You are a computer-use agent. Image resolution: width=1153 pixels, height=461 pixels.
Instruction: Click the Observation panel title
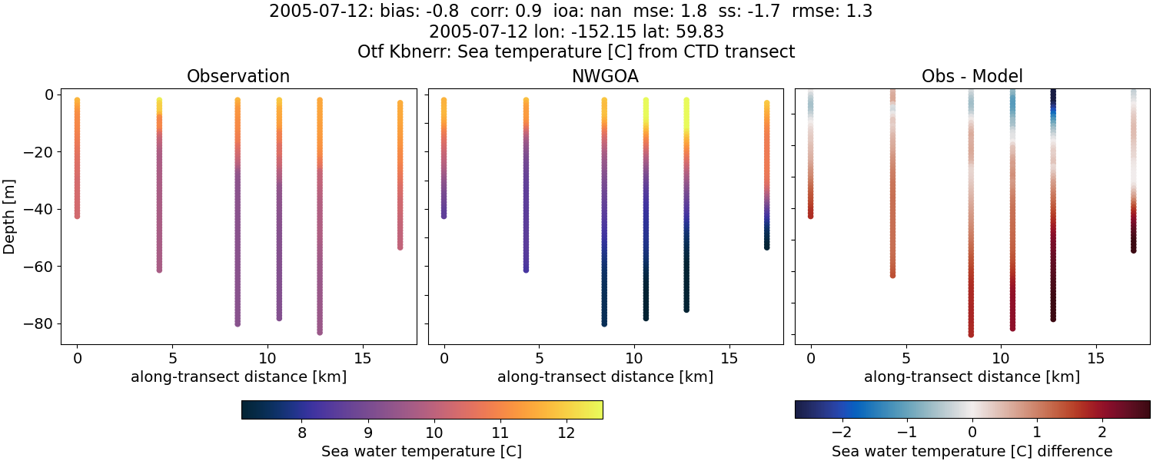point(238,77)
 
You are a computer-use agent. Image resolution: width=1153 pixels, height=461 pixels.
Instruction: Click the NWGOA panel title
point(605,77)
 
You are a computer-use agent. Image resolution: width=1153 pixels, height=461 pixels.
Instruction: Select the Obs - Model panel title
point(972,77)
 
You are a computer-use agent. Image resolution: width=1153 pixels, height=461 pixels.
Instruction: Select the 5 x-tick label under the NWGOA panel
point(540,358)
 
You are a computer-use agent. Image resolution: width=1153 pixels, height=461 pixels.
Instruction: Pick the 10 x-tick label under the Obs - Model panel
point(1001,358)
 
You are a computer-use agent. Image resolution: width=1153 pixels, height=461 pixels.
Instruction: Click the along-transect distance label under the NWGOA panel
point(605,377)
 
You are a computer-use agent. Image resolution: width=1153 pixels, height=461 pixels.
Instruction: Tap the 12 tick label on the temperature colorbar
point(567,433)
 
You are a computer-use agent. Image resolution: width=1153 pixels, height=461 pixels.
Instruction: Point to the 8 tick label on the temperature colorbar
point(302,433)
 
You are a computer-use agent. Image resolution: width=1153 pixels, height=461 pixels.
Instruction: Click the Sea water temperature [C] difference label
point(972,452)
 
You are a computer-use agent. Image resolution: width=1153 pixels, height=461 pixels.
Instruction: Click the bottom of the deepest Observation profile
point(319,332)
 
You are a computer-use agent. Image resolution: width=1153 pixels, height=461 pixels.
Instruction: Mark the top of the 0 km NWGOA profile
point(444,101)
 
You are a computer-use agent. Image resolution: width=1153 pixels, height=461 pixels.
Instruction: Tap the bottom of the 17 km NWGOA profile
point(766,247)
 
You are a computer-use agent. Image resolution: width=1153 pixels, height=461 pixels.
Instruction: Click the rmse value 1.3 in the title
point(860,12)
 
